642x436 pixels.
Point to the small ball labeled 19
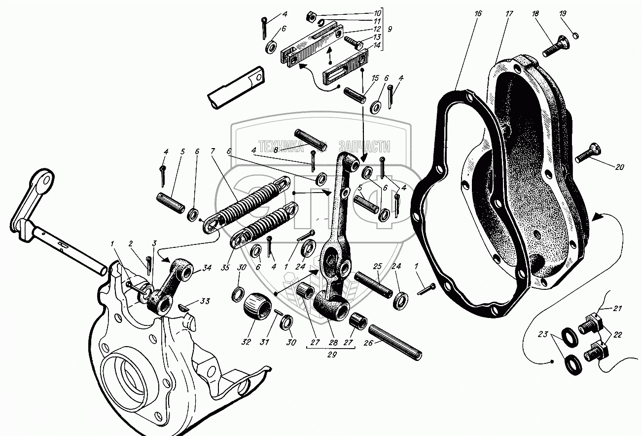click(576, 36)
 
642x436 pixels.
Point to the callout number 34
click(206, 268)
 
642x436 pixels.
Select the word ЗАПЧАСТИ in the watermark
click(365, 147)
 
